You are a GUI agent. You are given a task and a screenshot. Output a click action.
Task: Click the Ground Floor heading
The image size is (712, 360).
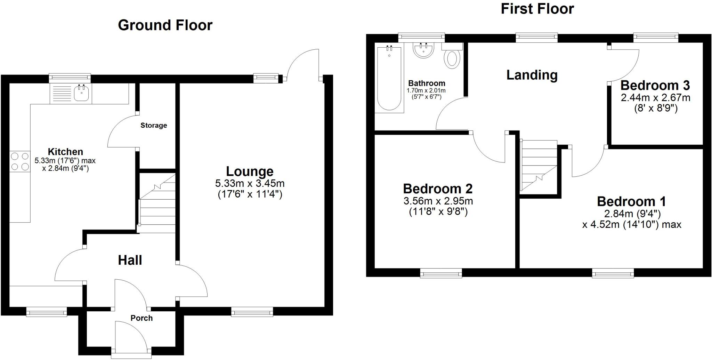coord(165,25)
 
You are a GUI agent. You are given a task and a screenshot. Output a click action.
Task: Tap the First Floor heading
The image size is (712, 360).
coord(537,9)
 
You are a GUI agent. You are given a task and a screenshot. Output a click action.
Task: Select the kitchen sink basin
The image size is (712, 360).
coord(82,93)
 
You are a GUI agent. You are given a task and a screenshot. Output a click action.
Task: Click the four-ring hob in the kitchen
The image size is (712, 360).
coord(20,162)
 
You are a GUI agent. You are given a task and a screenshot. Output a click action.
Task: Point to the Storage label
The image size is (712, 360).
coord(154,125)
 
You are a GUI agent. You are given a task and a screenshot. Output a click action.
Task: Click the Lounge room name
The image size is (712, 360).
coord(250,171)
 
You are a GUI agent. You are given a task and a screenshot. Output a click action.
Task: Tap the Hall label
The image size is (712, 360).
coord(130,260)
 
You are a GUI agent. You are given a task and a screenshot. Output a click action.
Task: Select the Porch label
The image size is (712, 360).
coord(141,318)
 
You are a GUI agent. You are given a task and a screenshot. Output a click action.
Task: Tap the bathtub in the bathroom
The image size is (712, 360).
coord(389,78)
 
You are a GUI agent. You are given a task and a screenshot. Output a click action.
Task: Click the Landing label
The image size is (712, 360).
coord(532,75)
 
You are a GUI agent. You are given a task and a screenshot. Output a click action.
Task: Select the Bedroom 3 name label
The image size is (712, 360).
coord(655,85)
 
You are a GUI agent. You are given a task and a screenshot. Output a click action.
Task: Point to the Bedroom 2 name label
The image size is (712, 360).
coord(438,189)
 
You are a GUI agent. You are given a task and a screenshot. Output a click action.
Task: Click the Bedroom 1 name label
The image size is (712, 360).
coord(631,201)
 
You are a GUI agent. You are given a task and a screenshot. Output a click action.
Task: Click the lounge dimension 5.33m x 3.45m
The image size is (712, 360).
coord(250,183)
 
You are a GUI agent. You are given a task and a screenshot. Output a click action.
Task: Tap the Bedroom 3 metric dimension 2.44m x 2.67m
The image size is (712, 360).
coord(655,98)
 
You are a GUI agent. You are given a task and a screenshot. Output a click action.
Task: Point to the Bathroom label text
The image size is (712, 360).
coord(427,83)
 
